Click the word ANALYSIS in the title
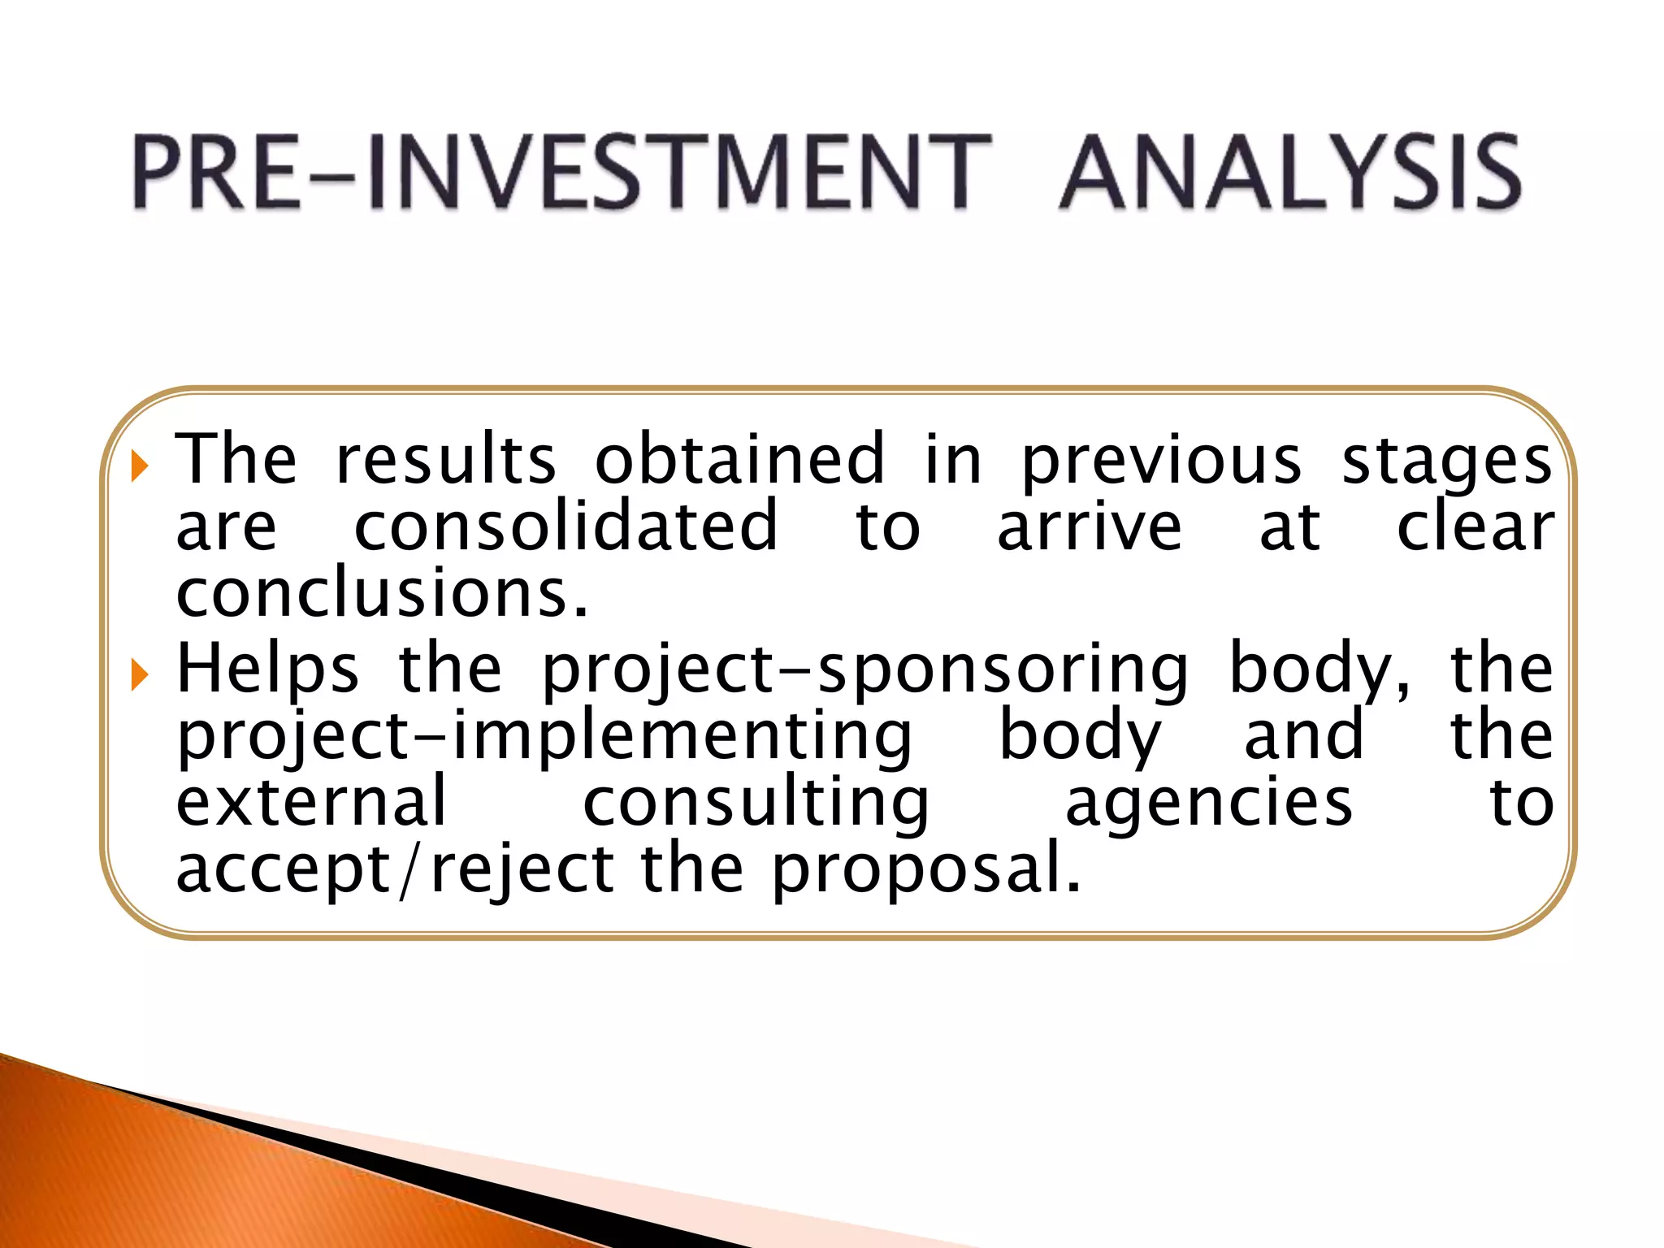click(x=1290, y=173)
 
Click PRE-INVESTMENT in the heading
click(x=561, y=173)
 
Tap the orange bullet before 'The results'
click(x=140, y=466)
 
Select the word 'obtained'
click(x=739, y=460)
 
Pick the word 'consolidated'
click(x=566, y=526)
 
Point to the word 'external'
click(x=312, y=803)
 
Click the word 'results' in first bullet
click(x=446, y=460)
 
